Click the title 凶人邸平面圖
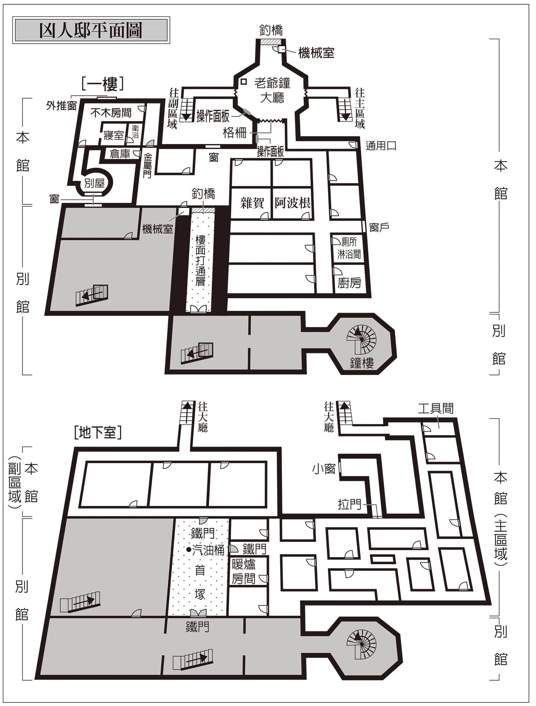(91, 30)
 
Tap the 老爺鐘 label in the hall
(272, 83)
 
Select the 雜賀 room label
(252, 203)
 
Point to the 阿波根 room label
(293, 203)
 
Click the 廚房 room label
(349, 283)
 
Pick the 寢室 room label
(114, 135)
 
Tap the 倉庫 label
(120, 154)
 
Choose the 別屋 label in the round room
(95, 183)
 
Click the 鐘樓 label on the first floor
(362, 363)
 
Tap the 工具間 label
(435, 408)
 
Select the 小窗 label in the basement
(324, 469)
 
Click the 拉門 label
(349, 504)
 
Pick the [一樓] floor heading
(102, 84)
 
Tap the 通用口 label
(381, 146)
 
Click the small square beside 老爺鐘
(243, 82)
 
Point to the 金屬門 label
(147, 166)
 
